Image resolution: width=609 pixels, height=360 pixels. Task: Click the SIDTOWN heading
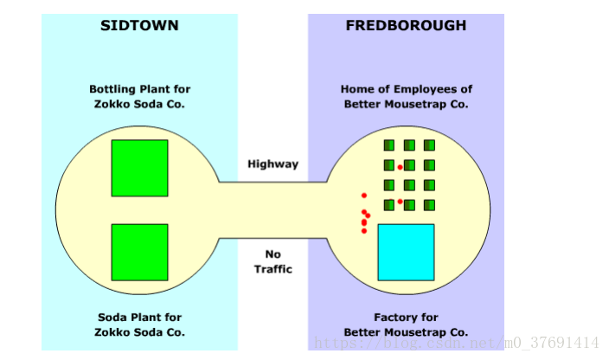139,26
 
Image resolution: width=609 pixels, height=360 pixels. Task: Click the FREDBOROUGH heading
406,26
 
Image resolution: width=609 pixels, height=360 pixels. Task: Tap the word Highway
272,164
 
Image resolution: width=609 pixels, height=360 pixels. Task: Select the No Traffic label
272,261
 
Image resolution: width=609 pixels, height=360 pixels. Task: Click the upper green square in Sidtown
139,168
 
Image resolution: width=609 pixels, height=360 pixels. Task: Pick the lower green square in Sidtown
139,252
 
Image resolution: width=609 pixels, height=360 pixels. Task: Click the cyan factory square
406,252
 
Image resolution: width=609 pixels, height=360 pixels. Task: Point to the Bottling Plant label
139,96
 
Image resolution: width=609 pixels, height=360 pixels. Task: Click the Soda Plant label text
139,325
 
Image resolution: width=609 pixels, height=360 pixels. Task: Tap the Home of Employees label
406,96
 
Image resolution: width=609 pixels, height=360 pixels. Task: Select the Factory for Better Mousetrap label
406,325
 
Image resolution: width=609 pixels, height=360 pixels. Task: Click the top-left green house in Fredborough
389,145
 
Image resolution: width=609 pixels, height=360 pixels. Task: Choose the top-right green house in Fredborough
429,145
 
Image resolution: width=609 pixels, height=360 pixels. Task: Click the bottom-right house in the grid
429,205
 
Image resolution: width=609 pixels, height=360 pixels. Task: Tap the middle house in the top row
409,145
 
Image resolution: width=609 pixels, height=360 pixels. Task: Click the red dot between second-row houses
400,167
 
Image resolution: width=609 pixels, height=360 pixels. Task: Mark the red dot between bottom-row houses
400,202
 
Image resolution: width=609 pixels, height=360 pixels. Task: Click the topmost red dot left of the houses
364,196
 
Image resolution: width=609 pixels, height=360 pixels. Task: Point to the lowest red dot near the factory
364,231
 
